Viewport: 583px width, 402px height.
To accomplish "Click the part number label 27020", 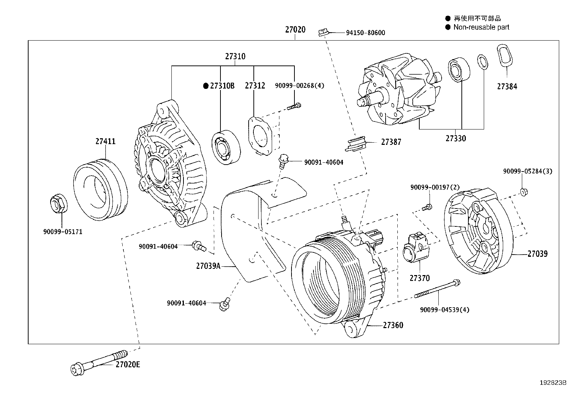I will point(295,30).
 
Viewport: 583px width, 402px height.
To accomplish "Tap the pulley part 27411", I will point(101,189).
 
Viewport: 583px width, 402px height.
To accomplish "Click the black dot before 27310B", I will point(206,86).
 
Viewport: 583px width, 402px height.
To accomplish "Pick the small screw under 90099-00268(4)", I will point(294,106).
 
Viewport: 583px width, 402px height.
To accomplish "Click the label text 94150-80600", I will point(365,33).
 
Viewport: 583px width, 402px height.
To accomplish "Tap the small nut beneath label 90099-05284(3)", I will point(523,191).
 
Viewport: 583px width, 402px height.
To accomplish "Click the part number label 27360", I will point(393,325).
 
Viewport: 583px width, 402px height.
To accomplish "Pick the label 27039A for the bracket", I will point(208,266).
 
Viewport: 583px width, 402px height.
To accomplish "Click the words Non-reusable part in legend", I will point(481,27).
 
